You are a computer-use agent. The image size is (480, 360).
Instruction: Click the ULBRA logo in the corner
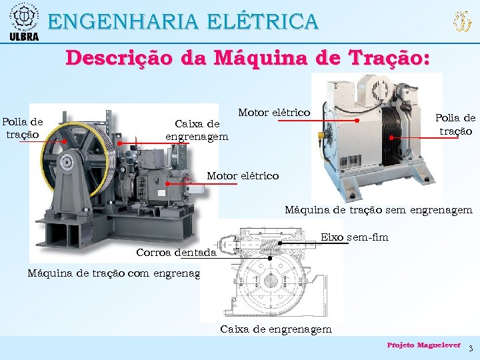pos(23,21)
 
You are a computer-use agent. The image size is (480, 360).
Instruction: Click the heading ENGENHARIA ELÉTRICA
pos(183,21)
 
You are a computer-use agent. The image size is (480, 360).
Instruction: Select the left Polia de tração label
pos(23,127)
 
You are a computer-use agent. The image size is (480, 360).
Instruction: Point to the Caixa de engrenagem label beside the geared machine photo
pos(197,130)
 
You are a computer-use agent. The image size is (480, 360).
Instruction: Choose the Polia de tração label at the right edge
pos(455,124)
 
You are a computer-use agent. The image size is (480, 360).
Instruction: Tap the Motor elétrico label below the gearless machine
pos(243,176)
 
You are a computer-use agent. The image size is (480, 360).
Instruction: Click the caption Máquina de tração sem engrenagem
pos(378,210)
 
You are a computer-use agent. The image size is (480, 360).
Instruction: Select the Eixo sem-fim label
pos(355,237)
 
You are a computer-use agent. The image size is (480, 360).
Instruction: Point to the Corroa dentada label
pos(176,252)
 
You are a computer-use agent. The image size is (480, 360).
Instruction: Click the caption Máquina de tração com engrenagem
pos(114,272)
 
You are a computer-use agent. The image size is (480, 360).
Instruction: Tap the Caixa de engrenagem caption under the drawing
pos(275,329)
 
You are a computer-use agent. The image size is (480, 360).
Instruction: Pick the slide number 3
pos(471,349)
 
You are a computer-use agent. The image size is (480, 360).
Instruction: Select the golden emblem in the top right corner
pos(461,22)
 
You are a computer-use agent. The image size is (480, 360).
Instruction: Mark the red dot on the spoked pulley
pos(65,141)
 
